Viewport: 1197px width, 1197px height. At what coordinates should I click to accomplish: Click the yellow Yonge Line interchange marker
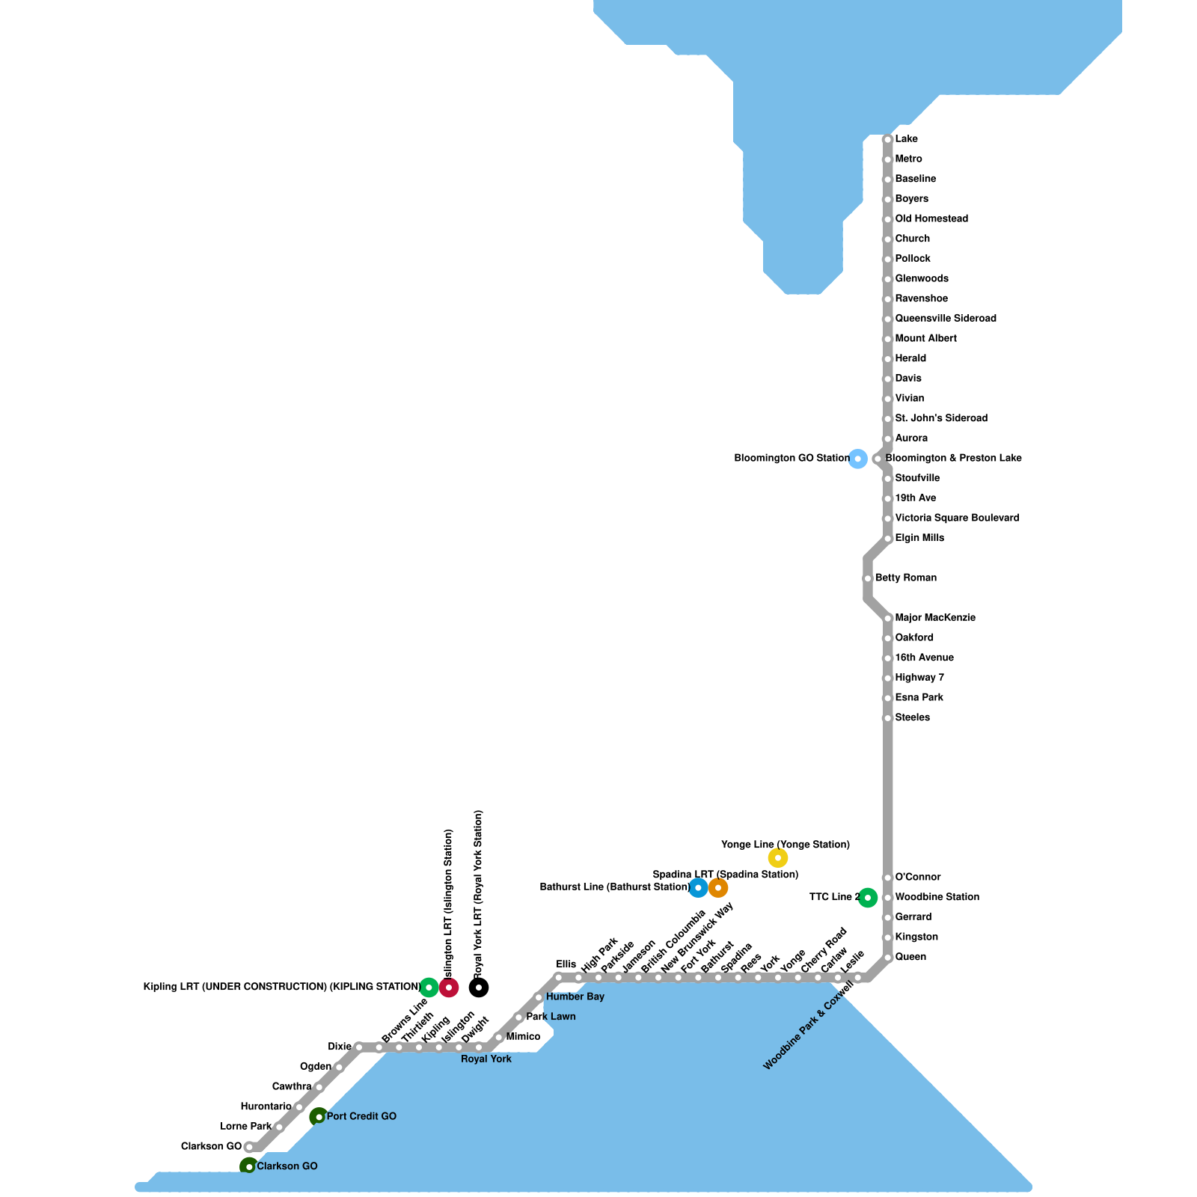[778, 858]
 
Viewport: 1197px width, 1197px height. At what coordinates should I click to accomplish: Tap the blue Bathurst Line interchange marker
[698, 888]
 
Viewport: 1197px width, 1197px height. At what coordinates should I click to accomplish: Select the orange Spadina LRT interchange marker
[718, 888]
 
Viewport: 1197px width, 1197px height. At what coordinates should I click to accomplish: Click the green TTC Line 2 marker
[867, 898]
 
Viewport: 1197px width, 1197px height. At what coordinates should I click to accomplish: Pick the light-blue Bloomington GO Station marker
[858, 459]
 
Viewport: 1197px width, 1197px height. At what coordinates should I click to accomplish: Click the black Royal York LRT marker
[479, 988]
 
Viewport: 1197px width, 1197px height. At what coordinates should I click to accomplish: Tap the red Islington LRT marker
[449, 988]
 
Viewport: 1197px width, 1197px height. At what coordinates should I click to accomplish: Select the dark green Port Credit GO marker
[319, 1117]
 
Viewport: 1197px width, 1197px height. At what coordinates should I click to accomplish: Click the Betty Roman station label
[906, 578]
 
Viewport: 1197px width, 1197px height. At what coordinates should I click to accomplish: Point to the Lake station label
[906, 139]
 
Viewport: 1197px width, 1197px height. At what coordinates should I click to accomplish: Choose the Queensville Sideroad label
[946, 319]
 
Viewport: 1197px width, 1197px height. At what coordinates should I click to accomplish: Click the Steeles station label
[913, 717]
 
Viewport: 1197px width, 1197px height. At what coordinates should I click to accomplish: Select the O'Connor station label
[918, 877]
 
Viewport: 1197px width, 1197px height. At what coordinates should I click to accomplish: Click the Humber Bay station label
[575, 997]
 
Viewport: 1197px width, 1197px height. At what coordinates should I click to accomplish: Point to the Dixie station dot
[359, 1047]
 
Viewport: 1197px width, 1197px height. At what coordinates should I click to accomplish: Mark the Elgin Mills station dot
[888, 539]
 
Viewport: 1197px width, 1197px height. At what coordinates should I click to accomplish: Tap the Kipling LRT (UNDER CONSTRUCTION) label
[282, 988]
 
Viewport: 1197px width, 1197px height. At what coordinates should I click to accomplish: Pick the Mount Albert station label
[925, 339]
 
